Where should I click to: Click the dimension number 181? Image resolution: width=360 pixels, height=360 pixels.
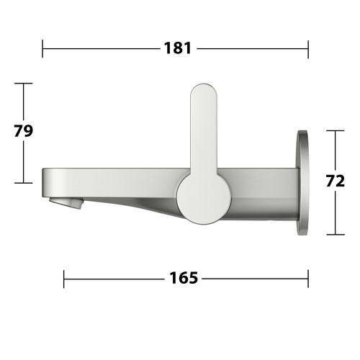pyautogui.click(x=178, y=48)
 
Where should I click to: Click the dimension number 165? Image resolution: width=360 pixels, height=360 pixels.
pyautogui.click(x=184, y=278)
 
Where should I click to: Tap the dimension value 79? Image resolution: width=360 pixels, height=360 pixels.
pyautogui.click(x=23, y=131)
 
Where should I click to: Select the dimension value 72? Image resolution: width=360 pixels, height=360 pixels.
pyautogui.click(x=336, y=181)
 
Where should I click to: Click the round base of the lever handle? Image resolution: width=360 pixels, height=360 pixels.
pyautogui.click(x=204, y=198)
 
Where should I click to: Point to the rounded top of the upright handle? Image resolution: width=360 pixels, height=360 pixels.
pyautogui.click(x=204, y=92)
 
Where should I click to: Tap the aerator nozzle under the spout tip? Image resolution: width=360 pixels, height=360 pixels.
pyautogui.click(x=66, y=202)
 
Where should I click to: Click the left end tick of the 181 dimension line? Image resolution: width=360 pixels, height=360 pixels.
pyautogui.click(x=42, y=49)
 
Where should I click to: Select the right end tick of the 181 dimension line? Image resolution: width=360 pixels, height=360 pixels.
pyautogui.click(x=308, y=49)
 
